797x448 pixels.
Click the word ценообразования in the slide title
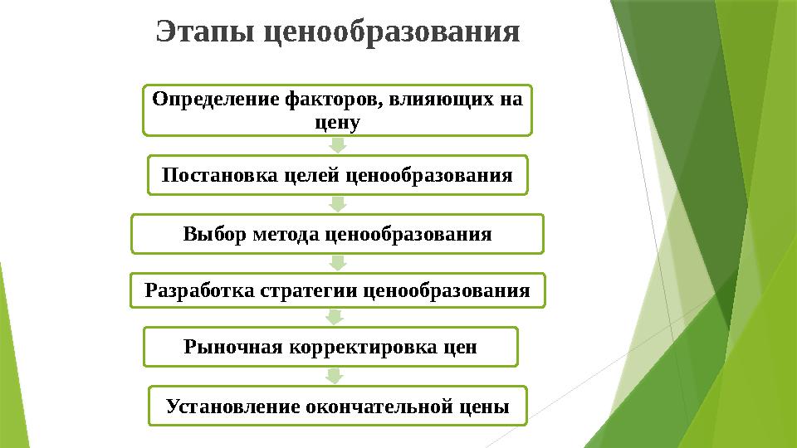tap(391, 33)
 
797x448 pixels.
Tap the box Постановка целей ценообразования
tap(337, 175)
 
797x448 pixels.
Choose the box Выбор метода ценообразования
tap(337, 234)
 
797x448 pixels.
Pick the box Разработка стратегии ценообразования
tap(337, 291)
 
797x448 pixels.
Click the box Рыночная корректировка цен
tap(330, 347)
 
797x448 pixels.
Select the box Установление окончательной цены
tap(337, 407)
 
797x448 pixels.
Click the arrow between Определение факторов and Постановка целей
tap(337, 145)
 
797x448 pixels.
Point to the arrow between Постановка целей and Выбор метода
tap(337, 204)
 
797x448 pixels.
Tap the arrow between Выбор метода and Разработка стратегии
tap(337, 263)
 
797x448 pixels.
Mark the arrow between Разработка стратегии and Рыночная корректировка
tap(334, 317)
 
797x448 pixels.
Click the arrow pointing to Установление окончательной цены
tap(334, 377)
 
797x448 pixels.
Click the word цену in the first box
tap(337, 123)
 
